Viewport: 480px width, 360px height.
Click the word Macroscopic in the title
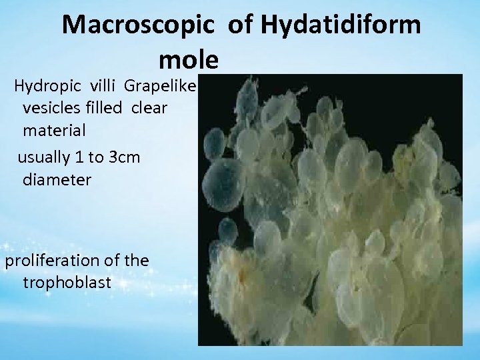tap(141, 25)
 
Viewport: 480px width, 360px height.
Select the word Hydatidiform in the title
tap(341, 25)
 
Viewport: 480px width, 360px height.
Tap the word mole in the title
tap(189, 60)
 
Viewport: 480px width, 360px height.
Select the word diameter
tap(57, 179)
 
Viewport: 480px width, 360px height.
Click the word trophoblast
tap(67, 282)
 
